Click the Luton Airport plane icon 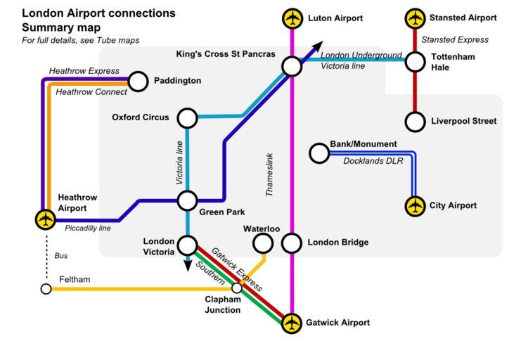(x=292, y=18)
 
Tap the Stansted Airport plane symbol (x=416, y=18)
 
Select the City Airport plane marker (x=416, y=206)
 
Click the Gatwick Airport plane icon (x=291, y=323)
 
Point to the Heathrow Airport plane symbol (x=46, y=219)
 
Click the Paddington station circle (x=139, y=82)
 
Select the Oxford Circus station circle (x=187, y=117)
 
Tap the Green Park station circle (x=187, y=200)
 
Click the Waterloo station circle (x=262, y=243)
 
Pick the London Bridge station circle (x=292, y=243)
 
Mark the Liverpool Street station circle (x=416, y=122)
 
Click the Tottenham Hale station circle (x=416, y=62)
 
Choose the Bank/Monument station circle (x=319, y=153)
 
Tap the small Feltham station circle (x=46, y=288)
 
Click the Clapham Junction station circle (x=237, y=288)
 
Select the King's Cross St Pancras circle (x=292, y=66)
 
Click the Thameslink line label (x=270, y=174)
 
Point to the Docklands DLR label (x=373, y=162)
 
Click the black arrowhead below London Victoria (x=187, y=265)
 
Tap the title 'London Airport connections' (x=98, y=13)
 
